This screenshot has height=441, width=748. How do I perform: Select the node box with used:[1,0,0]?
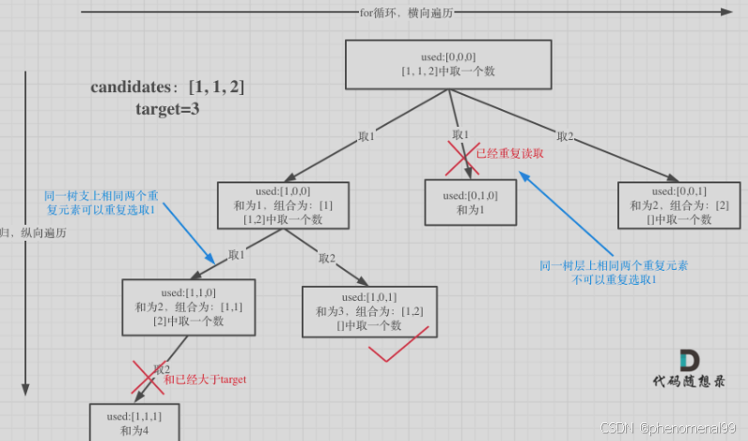point(282,205)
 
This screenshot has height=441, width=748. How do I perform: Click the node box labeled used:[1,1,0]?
point(190,306)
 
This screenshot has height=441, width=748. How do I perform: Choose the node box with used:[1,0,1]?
point(369,311)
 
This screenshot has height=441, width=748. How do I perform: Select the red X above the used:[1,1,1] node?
point(146,378)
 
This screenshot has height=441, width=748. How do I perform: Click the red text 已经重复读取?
point(509,152)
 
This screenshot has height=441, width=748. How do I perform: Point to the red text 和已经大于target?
point(204,379)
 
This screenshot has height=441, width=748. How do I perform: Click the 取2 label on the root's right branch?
point(565,136)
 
